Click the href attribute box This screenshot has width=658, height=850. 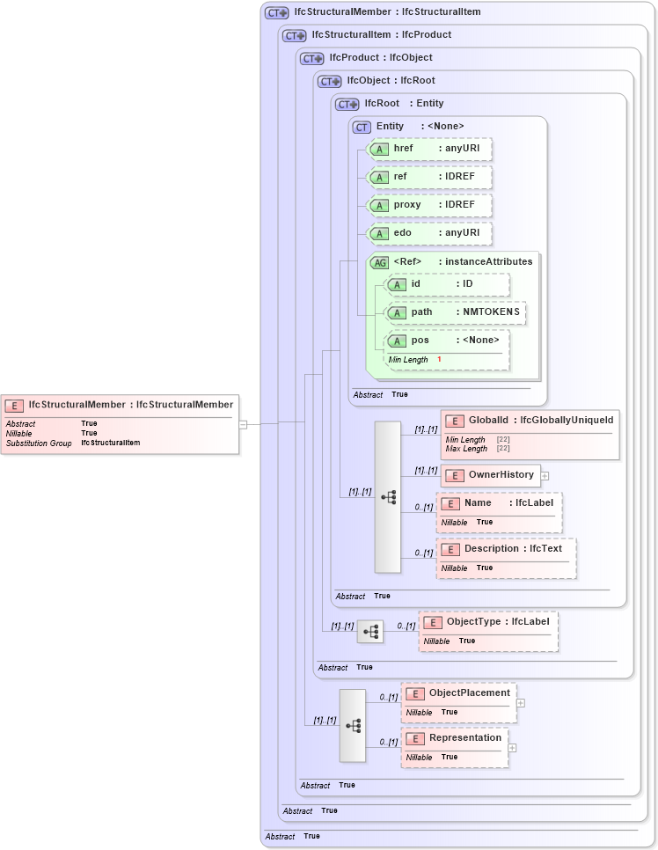tap(428, 149)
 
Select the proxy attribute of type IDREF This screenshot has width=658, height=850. tap(428, 205)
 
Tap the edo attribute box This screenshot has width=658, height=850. tap(428, 233)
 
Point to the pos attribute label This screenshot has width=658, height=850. tap(420, 341)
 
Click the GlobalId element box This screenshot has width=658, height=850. tap(530, 421)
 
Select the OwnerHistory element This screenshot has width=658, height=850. tap(490, 475)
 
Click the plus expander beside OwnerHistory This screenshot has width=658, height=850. tap(545, 476)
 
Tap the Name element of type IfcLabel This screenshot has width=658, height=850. tap(499, 503)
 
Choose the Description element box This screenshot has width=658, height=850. tap(506, 549)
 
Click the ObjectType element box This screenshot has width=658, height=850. tap(488, 622)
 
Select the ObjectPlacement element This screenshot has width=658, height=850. tap(458, 693)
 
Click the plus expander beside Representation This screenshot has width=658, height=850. tap(512, 748)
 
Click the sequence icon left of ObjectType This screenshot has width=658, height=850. tap(370, 632)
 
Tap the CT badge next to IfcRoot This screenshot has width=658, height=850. tap(347, 104)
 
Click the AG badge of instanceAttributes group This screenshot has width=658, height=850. tap(380, 262)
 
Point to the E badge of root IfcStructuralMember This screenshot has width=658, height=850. tap(14, 406)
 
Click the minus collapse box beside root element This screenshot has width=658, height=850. tap(244, 424)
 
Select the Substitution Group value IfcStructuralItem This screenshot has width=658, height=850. tap(111, 443)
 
